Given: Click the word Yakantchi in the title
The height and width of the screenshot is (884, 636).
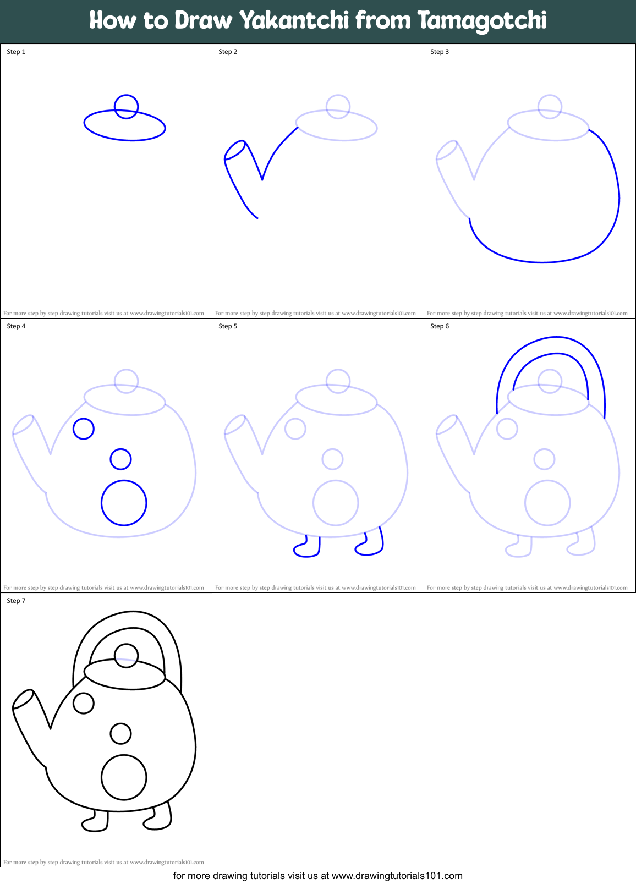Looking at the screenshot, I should click(294, 21).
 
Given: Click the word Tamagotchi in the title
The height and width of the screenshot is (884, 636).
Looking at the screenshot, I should click(482, 21).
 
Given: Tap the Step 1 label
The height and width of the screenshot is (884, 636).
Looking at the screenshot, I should click(16, 52).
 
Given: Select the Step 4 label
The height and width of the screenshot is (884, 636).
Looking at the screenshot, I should click(16, 326).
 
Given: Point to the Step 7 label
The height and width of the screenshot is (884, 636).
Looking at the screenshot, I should click(16, 601).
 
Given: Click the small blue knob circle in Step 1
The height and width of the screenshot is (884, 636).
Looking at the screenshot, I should click(126, 106).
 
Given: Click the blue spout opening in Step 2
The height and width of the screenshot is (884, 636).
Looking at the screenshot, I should click(235, 150).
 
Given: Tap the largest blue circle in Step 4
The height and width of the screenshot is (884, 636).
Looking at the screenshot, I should click(124, 503).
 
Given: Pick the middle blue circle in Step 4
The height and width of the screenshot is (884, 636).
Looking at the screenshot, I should click(120, 459).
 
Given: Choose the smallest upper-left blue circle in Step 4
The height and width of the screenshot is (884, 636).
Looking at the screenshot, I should click(84, 429).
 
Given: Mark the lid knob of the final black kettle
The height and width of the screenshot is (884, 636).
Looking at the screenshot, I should click(126, 656).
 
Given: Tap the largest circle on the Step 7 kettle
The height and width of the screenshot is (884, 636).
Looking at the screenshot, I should click(124, 777).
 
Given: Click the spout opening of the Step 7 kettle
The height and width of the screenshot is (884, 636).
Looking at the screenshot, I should click(23, 699).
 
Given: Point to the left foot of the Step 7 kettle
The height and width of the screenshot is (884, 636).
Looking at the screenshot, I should click(96, 822).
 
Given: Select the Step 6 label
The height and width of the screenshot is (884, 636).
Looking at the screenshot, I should click(440, 326).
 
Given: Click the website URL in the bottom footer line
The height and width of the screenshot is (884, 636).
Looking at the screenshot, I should click(397, 876).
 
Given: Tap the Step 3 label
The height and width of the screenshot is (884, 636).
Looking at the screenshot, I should click(440, 52).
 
